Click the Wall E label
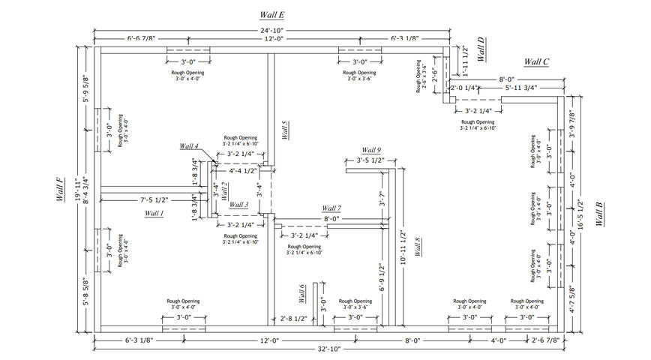pyautogui.click(x=271, y=15)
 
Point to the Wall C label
pyautogui.click(x=536, y=61)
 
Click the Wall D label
pyautogui.click(x=481, y=51)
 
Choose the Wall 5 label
pyautogui.click(x=285, y=131)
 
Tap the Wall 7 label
pyautogui.click(x=331, y=208)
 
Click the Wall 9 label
pyautogui.click(x=370, y=150)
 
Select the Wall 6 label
pyautogui.click(x=302, y=293)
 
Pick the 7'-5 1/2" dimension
pyautogui.click(x=154, y=199)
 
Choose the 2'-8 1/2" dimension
pyautogui.click(x=294, y=319)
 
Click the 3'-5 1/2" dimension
pyautogui.click(x=370, y=160)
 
